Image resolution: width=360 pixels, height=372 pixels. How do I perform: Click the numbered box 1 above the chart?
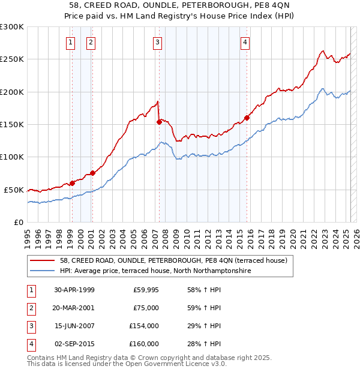pyautogui.click(x=71, y=42)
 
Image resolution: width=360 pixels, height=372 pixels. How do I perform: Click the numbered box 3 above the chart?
pyautogui.click(x=157, y=42)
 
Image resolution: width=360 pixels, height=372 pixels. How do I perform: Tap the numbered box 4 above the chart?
pyautogui.click(x=246, y=42)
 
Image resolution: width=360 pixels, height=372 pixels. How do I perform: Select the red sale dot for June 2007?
pyautogui.click(x=159, y=122)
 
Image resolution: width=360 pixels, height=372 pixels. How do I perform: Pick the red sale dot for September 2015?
pyautogui.click(x=247, y=118)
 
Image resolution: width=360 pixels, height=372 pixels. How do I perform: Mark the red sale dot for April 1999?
pyautogui.click(x=72, y=183)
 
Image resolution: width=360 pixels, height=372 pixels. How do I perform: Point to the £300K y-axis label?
pyautogui.click(x=12, y=27)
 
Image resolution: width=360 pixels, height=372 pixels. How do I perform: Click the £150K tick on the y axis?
pyautogui.click(x=12, y=124)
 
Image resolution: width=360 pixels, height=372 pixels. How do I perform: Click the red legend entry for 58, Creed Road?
pyautogui.click(x=173, y=260)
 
